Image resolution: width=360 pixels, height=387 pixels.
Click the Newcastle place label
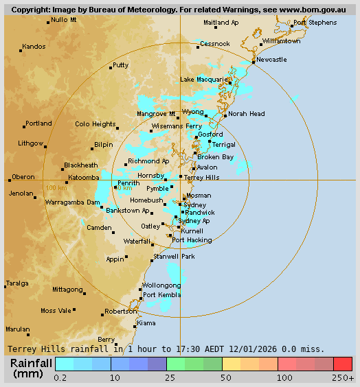[x=271, y=60]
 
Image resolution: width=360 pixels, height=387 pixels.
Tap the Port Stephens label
[x=315, y=23]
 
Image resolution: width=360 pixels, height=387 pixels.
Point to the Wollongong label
[x=161, y=285]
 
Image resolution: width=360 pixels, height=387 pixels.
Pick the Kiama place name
[x=146, y=322]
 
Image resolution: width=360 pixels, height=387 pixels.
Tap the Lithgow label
[x=31, y=143]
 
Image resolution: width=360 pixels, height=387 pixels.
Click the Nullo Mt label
[x=64, y=20]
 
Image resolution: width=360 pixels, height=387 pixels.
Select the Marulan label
[x=18, y=329]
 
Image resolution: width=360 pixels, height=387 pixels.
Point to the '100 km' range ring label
[x=56, y=187]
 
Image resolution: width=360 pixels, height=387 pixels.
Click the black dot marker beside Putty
[x=111, y=68]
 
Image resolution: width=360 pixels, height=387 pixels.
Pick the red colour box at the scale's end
[x=343, y=364]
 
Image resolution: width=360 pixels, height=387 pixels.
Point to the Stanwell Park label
[x=175, y=256]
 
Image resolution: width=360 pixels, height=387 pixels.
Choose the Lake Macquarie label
[x=203, y=80]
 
